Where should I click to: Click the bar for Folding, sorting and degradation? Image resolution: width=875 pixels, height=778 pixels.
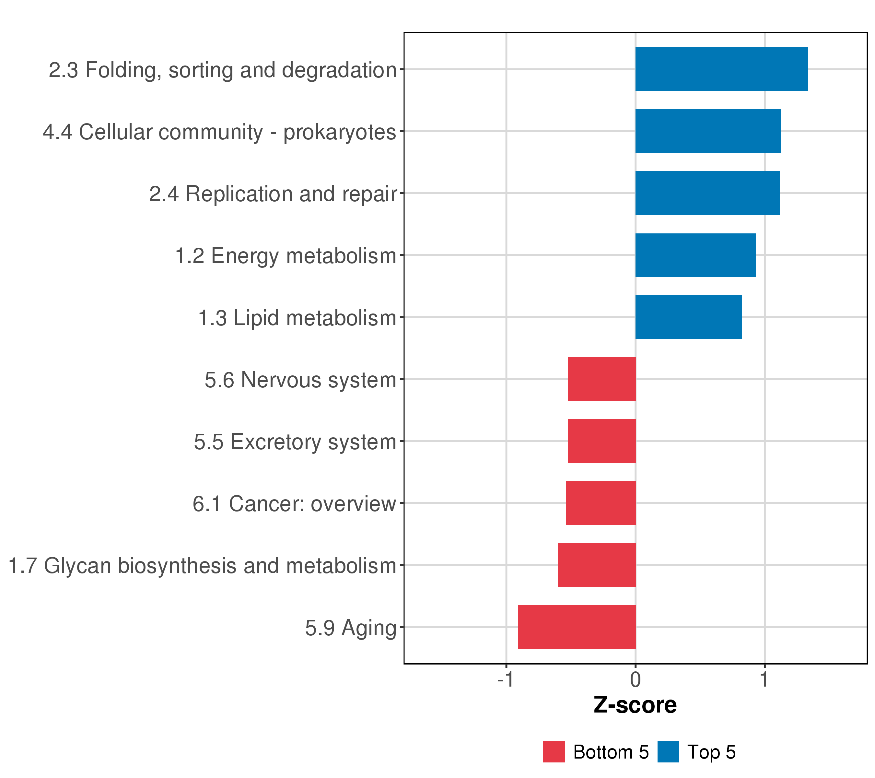tap(721, 69)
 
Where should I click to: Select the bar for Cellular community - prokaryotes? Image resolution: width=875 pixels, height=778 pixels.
tap(708, 131)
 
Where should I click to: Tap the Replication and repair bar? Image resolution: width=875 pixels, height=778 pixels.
tap(707, 193)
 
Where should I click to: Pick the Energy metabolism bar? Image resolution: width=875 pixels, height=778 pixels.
tap(695, 255)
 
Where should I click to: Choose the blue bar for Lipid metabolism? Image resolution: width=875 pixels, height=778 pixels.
tap(688, 317)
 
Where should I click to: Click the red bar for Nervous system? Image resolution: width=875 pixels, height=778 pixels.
tap(601, 379)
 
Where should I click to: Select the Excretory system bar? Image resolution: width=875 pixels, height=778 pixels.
tap(601, 441)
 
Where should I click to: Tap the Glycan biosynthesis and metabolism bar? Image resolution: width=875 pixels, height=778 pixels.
tap(596, 565)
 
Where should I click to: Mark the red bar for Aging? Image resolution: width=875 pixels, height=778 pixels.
tap(577, 627)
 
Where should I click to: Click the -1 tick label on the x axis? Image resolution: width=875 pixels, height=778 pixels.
tap(505, 679)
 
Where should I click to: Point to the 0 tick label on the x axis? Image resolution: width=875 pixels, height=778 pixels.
tap(635, 679)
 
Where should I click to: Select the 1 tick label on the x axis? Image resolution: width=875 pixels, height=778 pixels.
tap(764, 679)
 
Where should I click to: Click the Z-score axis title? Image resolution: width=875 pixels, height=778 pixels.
tap(635, 705)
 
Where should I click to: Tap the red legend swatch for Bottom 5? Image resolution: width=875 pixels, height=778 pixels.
tap(554, 752)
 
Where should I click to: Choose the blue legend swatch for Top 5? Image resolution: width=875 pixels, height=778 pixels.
tap(668, 752)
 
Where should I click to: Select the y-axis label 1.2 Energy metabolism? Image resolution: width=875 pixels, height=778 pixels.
tap(286, 256)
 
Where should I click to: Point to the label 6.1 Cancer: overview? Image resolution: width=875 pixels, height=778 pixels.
tap(294, 504)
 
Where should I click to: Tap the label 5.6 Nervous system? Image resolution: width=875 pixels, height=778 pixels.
tap(300, 380)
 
